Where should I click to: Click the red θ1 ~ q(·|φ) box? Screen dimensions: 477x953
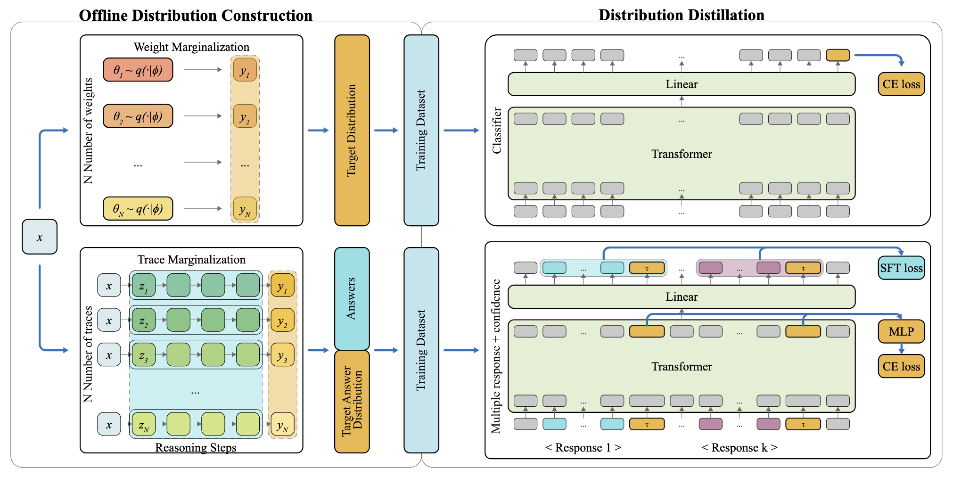[138, 70]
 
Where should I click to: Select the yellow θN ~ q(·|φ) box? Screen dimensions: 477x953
[138, 208]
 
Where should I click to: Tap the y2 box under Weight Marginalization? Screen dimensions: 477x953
[245, 116]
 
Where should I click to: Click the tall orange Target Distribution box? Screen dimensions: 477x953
[352, 130]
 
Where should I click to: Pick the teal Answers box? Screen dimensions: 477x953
[352, 298]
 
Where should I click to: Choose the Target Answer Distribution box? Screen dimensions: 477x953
[352, 401]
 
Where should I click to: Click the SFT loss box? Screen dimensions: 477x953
[901, 268]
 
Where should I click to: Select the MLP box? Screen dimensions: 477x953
[901, 332]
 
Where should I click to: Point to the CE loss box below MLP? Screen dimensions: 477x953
[901, 367]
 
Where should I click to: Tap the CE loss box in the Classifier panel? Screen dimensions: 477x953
[901, 84]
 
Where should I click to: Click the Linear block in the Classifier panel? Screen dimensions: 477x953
[681, 84]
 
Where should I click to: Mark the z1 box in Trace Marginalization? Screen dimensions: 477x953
[143, 286]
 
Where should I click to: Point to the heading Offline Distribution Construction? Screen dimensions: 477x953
[196, 16]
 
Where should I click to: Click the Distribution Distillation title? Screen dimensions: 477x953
[681, 15]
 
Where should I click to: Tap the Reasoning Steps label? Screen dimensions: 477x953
[196, 447]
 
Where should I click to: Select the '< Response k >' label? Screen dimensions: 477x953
[739, 447]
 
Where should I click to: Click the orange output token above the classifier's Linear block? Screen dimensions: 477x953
[838, 55]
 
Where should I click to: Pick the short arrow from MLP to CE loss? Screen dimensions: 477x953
[901, 349]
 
